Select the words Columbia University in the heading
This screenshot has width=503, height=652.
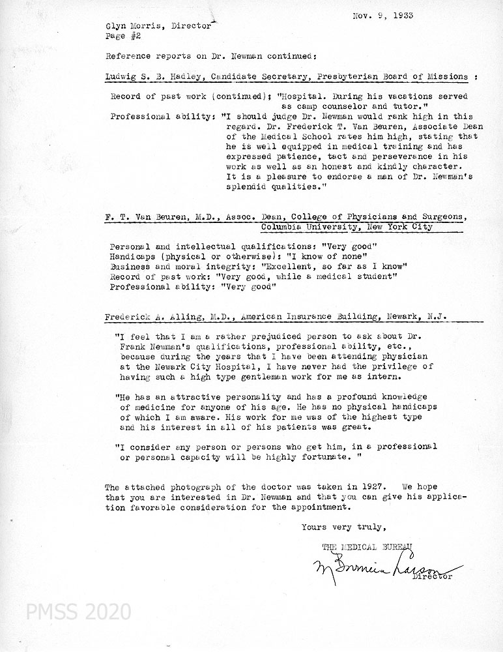click(304, 228)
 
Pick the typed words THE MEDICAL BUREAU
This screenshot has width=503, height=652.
click(367, 546)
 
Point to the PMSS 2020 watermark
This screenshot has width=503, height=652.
click(79, 612)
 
